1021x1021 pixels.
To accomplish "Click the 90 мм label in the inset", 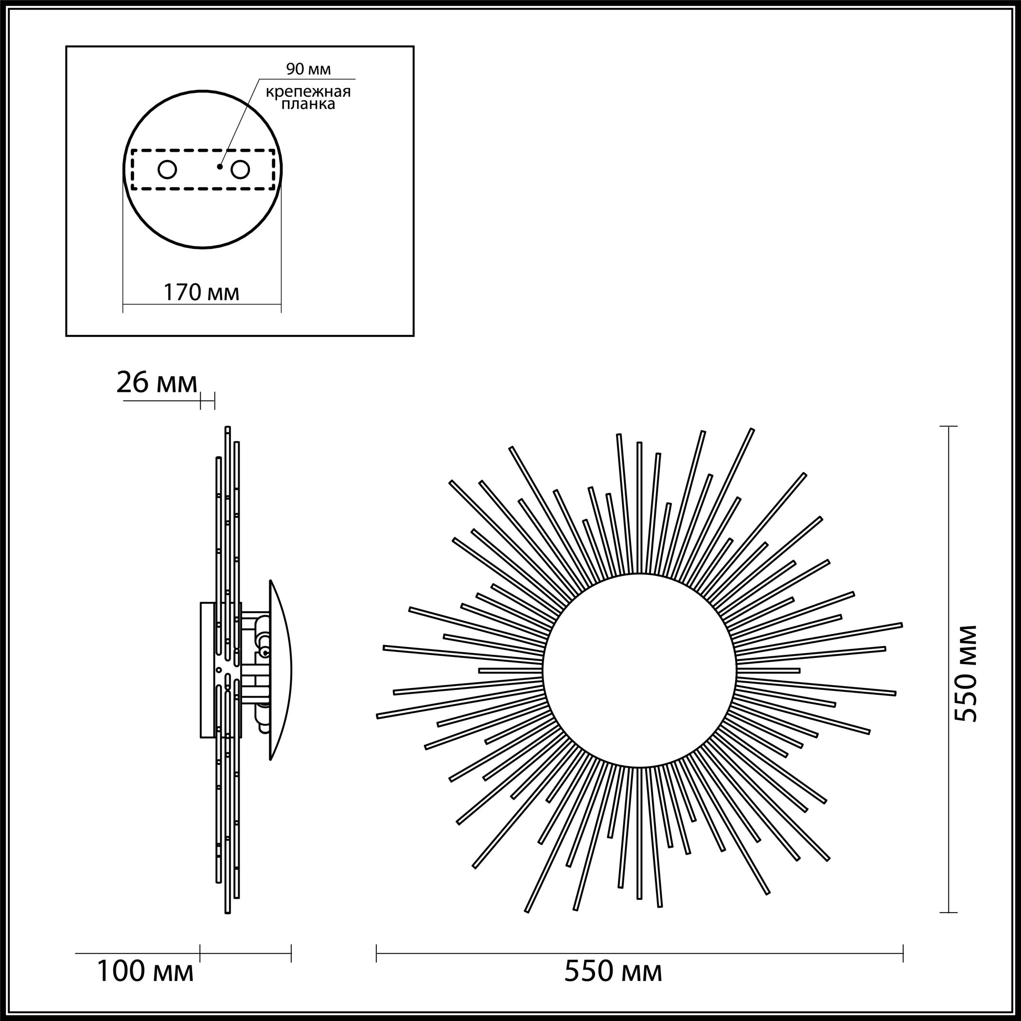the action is tap(308, 69).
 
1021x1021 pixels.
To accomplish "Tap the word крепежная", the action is tap(308, 92).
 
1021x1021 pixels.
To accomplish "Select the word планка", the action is tap(308, 104).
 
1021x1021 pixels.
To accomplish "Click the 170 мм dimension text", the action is tap(201, 292).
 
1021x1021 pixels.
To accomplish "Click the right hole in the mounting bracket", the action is tap(240, 170).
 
